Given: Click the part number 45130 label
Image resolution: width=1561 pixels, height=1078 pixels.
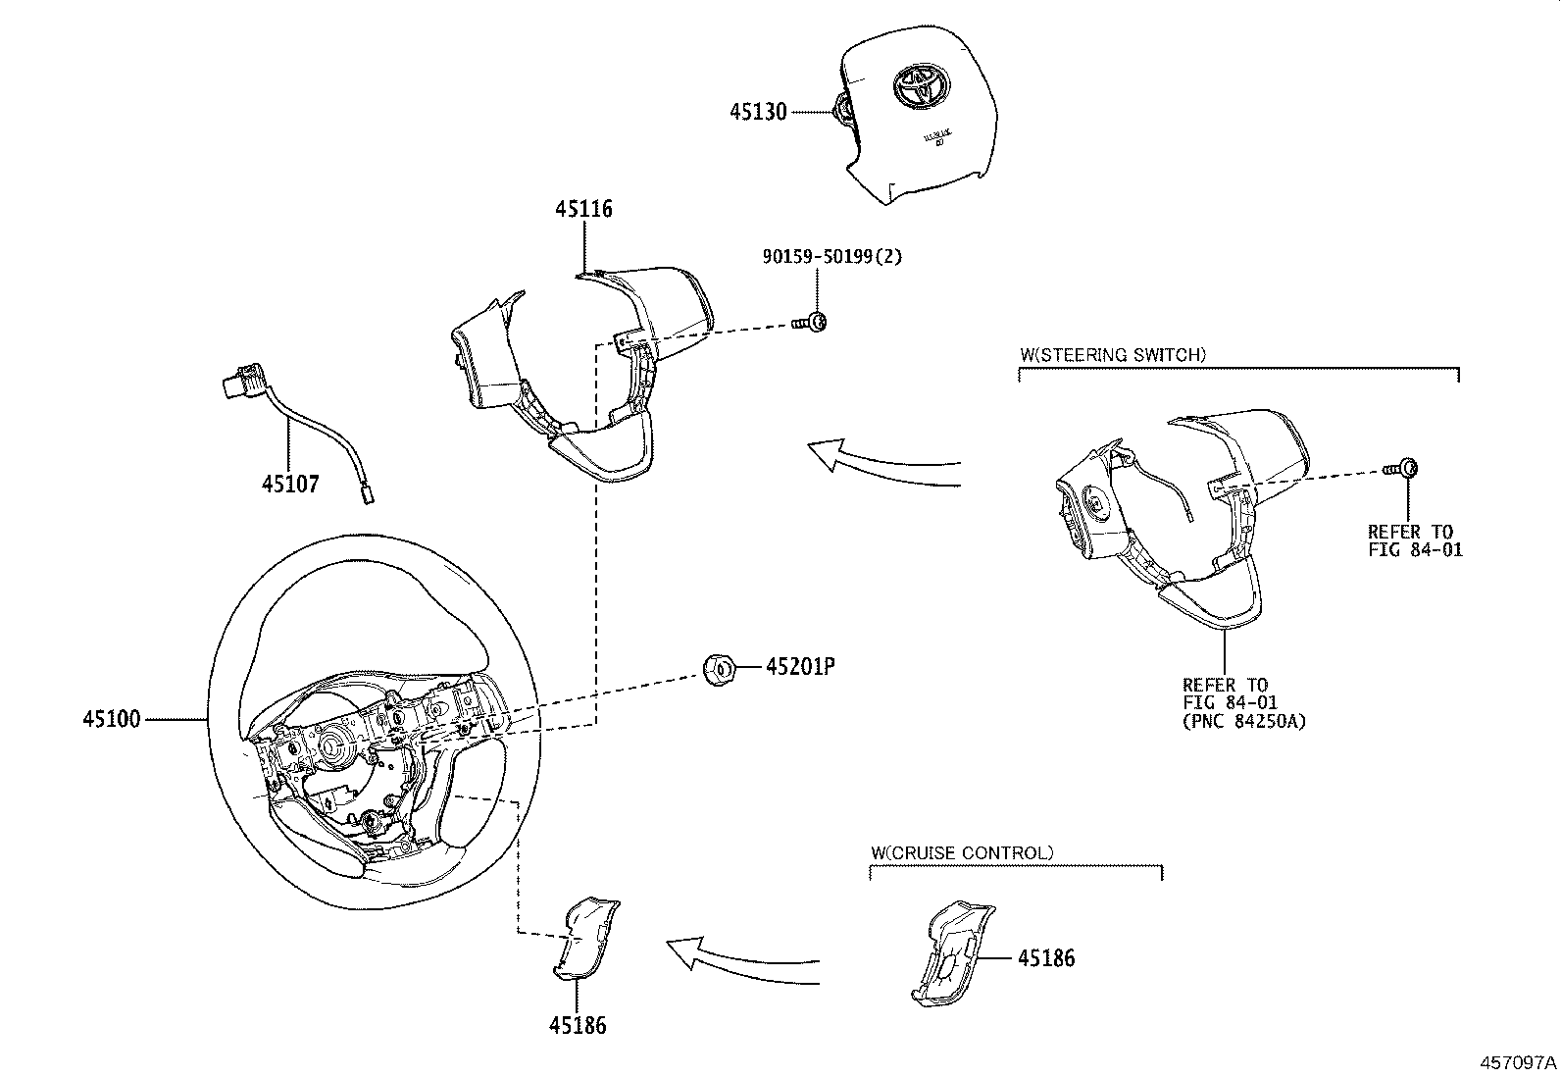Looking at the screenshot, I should pos(757,112).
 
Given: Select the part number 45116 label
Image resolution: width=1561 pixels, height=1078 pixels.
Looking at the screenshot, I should pos(583,209).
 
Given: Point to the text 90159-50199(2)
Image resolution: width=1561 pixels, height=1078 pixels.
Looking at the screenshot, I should pos(831,257).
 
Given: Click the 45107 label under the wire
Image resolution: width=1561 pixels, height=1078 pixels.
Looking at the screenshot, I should pos(289,484).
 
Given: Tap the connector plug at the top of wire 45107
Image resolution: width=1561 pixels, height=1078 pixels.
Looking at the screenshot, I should pos(238,382).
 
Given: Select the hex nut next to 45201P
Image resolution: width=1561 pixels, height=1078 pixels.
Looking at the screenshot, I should pos(720,669).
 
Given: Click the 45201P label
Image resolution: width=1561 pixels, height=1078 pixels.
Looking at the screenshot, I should pos(799,667).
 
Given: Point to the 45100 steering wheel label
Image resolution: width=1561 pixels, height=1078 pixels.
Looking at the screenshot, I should pos(112,719).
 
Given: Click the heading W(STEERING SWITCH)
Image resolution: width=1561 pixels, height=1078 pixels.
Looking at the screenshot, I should pos(1112,355).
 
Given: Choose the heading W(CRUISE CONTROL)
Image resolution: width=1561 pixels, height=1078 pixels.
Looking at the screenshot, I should pos(961,852).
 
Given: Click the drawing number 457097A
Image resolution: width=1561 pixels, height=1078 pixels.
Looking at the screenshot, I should pos(1518,1062).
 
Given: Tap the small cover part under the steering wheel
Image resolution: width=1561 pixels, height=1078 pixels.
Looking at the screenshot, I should pos(585,937).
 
